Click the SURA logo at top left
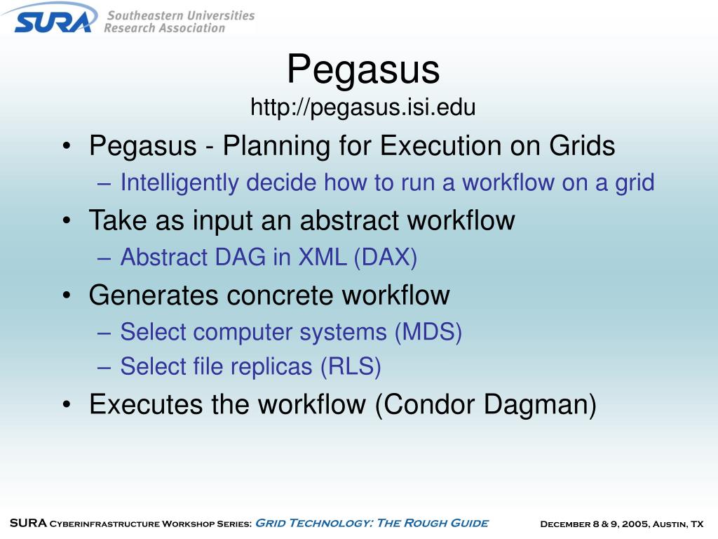point(53,19)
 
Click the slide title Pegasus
point(363,69)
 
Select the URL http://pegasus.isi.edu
point(363,107)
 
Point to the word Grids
point(581,146)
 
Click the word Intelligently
point(179,183)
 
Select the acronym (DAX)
point(385,257)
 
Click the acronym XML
point(323,257)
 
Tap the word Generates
point(154,295)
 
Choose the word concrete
point(280,295)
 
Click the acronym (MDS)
point(428,332)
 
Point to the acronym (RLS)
point(351,366)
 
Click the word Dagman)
point(540,405)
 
